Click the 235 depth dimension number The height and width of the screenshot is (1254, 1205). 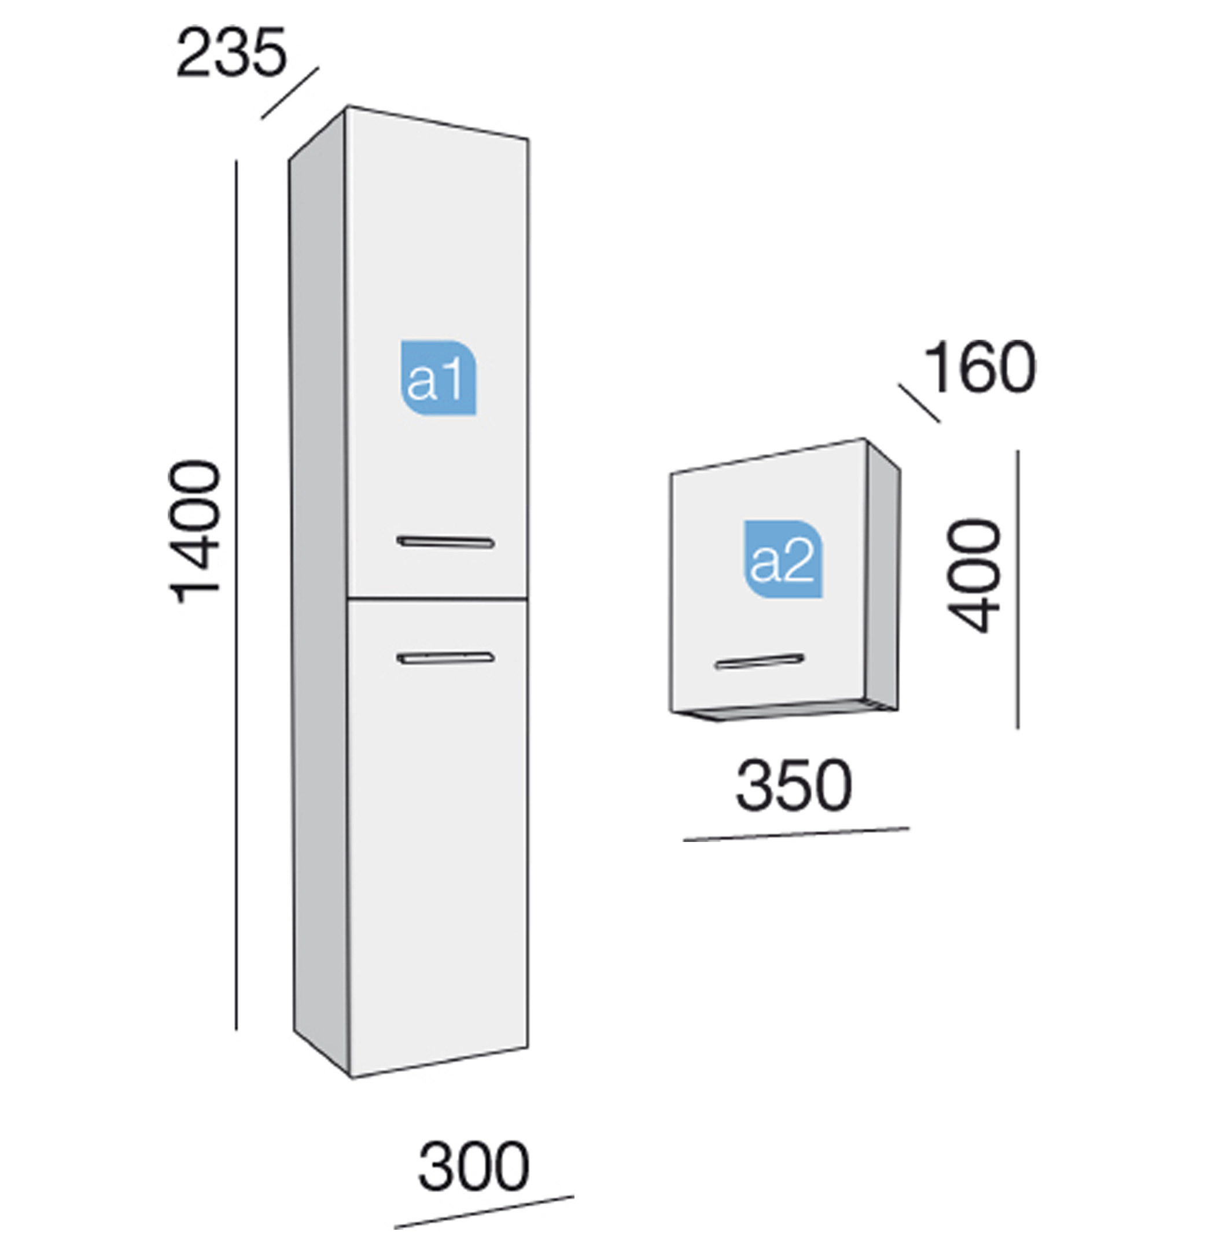[x=231, y=53]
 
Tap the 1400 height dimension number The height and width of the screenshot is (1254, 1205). [x=195, y=532]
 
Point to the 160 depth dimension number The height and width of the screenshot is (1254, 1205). [x=980, y=367]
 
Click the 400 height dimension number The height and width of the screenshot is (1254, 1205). [x=974, y=576]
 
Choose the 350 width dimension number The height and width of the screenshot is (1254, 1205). [x=794, y=785]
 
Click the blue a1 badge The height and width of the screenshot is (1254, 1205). [x=438, y=377]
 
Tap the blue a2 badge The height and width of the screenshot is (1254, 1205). [x=783, y=559]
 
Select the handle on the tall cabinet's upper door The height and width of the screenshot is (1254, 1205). [x=445, y=542]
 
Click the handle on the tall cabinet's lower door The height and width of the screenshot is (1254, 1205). [x=445, y=658]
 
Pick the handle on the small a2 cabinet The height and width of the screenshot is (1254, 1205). [x=759, y=661]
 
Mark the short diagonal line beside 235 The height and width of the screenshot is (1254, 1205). [x=290, y=93]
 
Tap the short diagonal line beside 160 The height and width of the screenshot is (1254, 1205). [x=919, y=403]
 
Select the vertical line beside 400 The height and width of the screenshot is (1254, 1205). [x=1018, y=589]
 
